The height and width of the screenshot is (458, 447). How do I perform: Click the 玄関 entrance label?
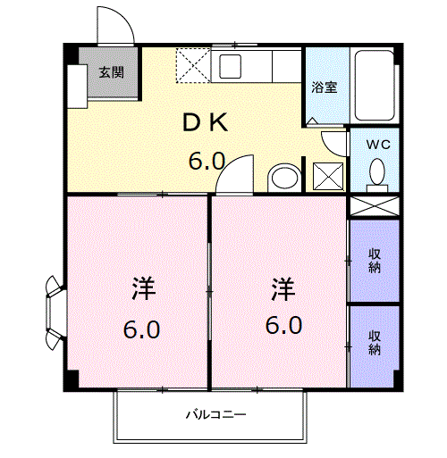112,72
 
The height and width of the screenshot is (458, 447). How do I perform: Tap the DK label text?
206,122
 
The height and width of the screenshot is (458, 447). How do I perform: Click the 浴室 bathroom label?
325,87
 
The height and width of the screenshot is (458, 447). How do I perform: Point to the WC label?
378,145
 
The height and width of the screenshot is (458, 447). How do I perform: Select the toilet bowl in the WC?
377,175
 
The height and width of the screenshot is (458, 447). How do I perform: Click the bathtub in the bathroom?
375,86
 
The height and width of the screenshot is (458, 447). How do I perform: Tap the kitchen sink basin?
230,66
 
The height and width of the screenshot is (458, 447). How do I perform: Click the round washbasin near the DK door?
284,178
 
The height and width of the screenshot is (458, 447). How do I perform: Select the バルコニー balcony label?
216,414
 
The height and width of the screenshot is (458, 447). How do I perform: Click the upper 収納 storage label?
375,261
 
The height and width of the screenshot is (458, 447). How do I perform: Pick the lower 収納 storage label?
375,343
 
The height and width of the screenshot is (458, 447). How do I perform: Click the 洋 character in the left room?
144,288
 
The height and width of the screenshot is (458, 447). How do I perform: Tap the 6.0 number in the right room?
283,325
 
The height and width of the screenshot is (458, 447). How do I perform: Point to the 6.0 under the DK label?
207,161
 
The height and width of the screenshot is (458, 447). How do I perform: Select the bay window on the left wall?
55,313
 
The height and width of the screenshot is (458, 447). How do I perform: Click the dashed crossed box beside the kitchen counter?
193,65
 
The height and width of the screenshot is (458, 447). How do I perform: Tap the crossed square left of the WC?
328,176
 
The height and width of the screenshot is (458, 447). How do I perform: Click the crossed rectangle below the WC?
375,206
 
